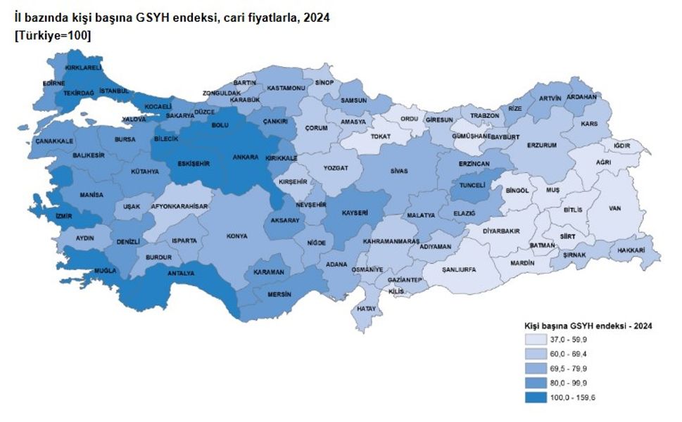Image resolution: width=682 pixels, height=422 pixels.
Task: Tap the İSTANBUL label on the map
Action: coord(114,91)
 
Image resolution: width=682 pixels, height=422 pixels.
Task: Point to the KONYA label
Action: coord(236,236)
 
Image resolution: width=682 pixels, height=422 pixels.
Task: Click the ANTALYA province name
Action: coord(180,273)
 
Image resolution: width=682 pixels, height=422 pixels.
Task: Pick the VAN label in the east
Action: coord(614,209)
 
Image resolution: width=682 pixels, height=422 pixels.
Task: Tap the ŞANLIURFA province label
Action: coord(459,269)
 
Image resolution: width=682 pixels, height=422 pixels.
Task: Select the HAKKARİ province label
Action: coord(631,250)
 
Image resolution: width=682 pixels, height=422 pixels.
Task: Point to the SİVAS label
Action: coord(400,170)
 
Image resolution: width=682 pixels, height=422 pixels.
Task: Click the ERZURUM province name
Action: coord(542,145)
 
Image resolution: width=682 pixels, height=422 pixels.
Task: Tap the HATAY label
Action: coord(367,308)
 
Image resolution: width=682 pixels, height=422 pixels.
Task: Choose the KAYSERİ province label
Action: coord(355,212)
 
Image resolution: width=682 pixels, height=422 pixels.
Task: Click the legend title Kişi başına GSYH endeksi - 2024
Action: coord(588,326)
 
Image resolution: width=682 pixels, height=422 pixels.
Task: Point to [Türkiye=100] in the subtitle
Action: coord(52,36)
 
